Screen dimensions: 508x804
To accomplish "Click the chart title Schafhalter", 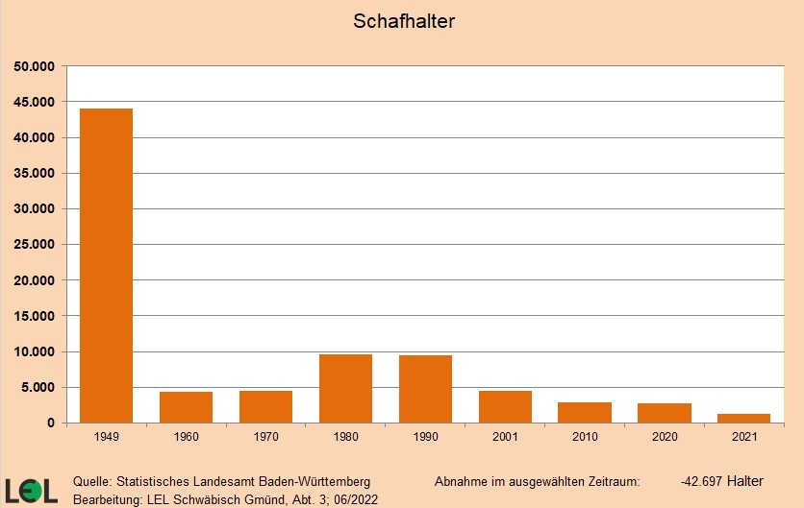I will coord(404,21).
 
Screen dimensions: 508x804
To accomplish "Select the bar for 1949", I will coord(107,266).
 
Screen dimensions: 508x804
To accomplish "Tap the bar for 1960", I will coord(187,407).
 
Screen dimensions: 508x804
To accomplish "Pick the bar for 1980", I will coord(345,389).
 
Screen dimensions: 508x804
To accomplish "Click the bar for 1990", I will coord(425,389).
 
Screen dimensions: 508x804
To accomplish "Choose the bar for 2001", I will coord(505,407).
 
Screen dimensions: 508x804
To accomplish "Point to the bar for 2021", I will coord(744,418).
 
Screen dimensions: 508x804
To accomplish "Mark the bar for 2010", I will coord(585,413).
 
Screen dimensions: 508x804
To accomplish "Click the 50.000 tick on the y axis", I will coord(36,66).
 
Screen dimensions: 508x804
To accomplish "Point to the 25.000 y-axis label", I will coord(36,245).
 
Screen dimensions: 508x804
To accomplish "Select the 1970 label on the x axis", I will coord(266,437).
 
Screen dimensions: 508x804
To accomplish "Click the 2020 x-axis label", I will coord(665,437).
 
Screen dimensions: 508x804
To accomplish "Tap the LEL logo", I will coord(31,490).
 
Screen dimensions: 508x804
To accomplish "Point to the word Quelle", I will coord(92,481).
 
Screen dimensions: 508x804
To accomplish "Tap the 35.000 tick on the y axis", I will coord(36,174).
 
